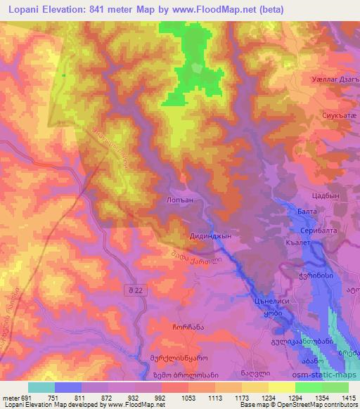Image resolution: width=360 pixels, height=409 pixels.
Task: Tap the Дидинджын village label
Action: tap(212, 237)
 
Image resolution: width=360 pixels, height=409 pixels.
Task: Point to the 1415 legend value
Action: tap(347, 398)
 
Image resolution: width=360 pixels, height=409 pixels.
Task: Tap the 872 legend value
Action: tap(106, 398)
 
